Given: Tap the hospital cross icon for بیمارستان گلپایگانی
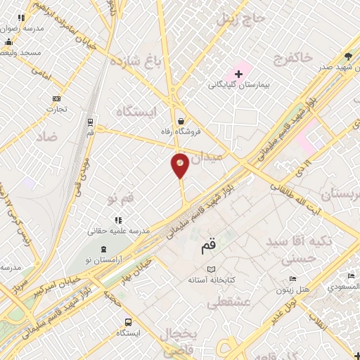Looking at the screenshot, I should (x=238, y=73).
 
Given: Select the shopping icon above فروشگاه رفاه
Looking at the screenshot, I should (x=182, y=120).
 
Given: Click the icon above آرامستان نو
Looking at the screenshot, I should (x=104, y=249).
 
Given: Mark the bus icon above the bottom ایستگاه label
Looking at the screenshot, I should (x=128, y=322).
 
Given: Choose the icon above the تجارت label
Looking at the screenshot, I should (x=56, y=98).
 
